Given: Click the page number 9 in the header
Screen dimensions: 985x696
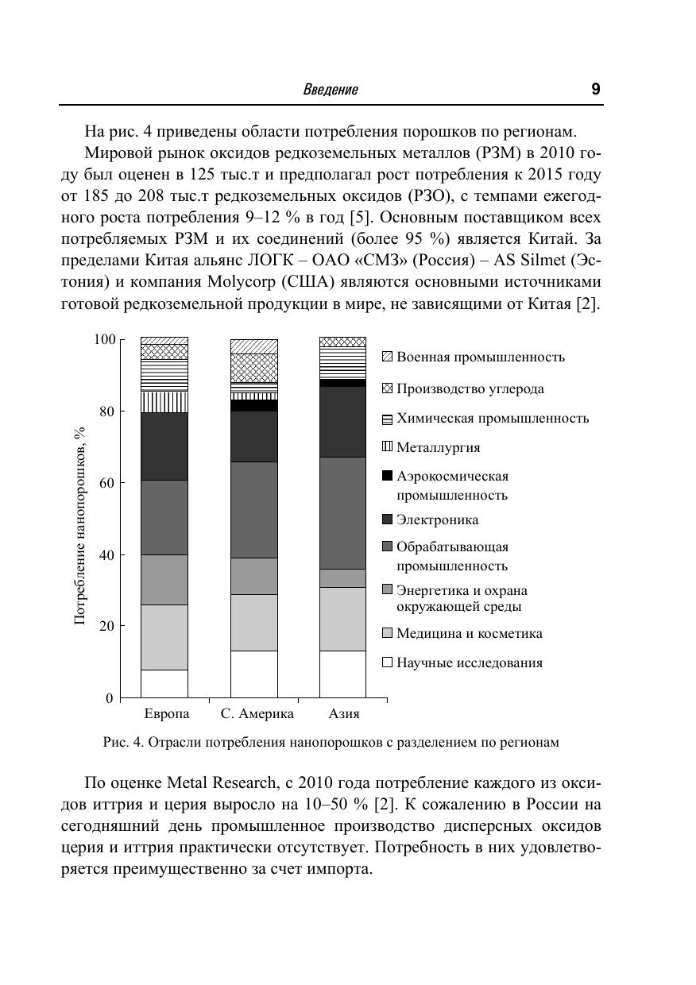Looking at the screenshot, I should coord(595,89).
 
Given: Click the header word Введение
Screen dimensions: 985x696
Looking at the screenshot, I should coord(331,90).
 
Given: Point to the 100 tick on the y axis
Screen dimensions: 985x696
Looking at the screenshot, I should coord(105,340).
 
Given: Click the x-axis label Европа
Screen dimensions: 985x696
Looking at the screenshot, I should coord(166,713).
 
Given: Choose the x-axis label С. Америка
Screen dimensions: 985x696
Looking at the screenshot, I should coord(257,713).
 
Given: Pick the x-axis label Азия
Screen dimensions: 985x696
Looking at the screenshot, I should coord(343,713).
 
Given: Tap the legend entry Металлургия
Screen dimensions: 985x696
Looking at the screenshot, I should coord(438,448).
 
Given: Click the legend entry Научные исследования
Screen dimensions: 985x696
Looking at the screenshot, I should coord(469,662).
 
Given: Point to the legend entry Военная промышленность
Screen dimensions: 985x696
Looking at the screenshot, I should coord(480,357).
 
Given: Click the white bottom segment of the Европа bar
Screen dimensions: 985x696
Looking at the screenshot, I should coord(164,684).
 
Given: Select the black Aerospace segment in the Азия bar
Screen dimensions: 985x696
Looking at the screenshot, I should coord(342,383).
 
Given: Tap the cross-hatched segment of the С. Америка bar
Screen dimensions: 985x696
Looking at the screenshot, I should coord(253,368).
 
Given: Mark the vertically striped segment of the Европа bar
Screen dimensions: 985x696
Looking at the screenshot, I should coord(164,402).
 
